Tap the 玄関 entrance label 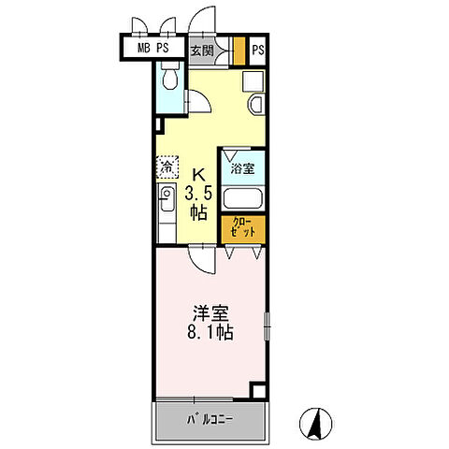(x=202, y=51)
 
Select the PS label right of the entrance (x=258, y=50)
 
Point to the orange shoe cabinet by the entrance (x=239, y=49)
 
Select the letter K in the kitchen (x=198, y=175)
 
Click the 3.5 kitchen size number (x=199, y=195)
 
